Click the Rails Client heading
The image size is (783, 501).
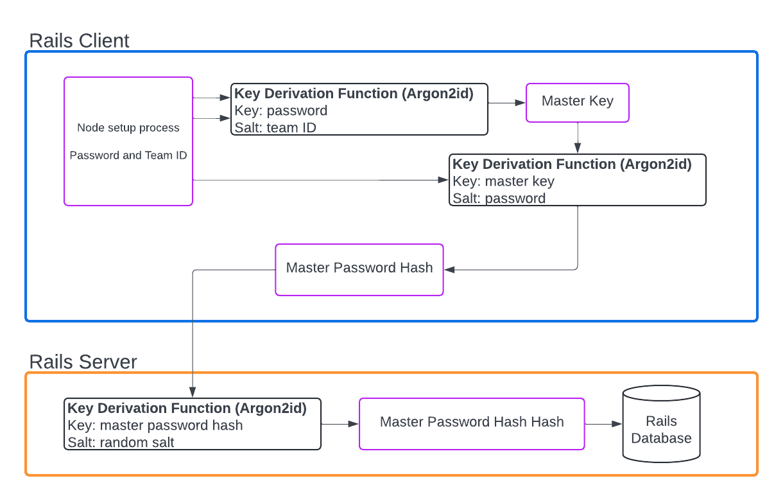point(79,40)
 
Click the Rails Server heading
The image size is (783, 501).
point(83,362)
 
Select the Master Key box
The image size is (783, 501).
point(577,102)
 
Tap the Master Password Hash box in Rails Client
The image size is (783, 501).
point(359,268)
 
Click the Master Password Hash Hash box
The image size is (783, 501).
point(471,423)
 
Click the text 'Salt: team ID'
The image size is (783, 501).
point(275,127)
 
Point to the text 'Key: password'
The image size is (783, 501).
point(281,110)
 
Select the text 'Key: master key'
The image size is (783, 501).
point(503,181)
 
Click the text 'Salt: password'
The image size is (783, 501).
point(499,198)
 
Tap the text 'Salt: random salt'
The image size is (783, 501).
point(121,442)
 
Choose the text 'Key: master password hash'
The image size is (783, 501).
point(155,425)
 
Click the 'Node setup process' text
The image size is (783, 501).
point(128,128)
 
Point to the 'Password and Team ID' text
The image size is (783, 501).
point(128,155)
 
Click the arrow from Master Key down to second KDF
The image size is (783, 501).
point(578,138)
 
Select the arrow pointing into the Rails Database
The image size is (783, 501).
point(603,424)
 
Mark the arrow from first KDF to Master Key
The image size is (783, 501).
point(507,103)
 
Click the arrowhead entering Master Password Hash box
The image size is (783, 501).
point(449,270)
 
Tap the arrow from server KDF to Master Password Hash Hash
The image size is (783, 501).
point(340,424)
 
